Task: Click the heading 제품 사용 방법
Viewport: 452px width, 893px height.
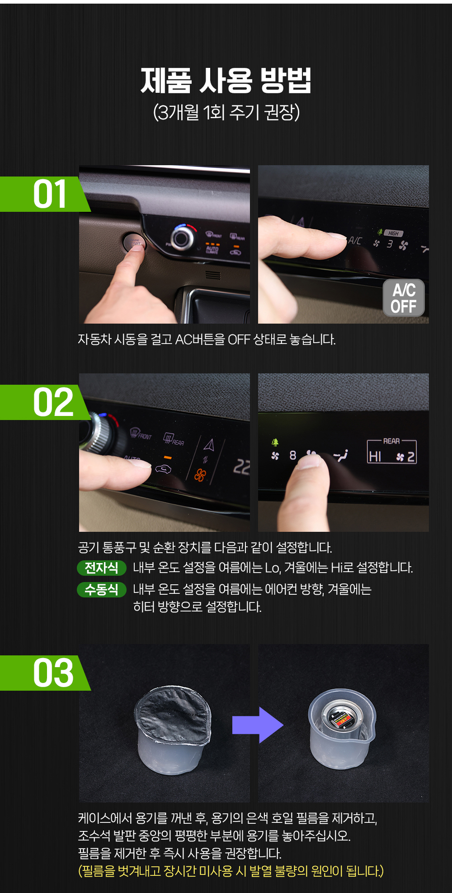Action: coord(226,81)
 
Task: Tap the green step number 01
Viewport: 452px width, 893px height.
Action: coord(50,194)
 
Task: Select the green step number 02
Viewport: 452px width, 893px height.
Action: coord(53,402)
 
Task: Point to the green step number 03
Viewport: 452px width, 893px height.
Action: coord(53,673)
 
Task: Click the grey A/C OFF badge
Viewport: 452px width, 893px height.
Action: coord(404,297)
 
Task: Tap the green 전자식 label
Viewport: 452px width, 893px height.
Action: coord(101,568)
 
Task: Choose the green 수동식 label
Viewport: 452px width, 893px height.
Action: coord(101,589)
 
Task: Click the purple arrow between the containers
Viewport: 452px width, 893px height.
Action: coord(257,725)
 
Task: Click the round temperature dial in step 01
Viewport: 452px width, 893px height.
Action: coord(182,237)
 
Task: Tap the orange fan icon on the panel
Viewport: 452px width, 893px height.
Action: coord(200,475)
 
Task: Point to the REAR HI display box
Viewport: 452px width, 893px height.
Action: coord(391,451)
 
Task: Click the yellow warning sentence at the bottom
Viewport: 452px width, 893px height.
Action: coord(231,871)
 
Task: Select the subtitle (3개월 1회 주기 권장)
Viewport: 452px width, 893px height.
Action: coord(226,112)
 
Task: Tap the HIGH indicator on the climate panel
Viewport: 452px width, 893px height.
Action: coord(393,233)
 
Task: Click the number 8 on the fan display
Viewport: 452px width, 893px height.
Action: coord(293,455)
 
